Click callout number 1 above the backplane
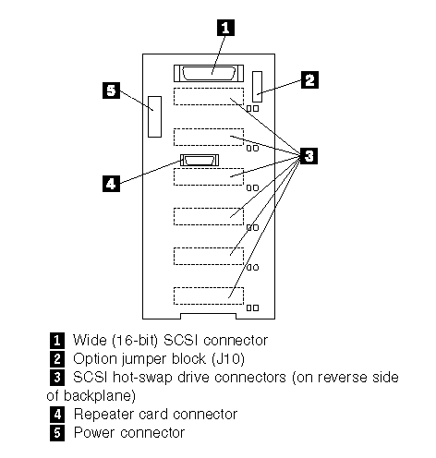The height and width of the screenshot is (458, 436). tap(225, 28)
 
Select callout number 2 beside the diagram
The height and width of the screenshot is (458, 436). tap(309, 80)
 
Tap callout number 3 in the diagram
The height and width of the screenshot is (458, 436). tap(309, 156)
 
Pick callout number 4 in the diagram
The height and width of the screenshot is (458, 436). tap(111, 184)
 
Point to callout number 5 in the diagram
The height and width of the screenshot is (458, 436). tap(111, 90)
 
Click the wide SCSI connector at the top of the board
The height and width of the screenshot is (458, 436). tap(209, 73)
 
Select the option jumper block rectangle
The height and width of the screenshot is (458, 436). tap(258, 87)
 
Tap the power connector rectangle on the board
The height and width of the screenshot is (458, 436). tap(154, 116)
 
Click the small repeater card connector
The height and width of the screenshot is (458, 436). tap(200, 160)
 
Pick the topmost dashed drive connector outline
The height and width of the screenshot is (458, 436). tap(209, 97)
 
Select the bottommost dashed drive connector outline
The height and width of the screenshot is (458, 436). tap(209, 296)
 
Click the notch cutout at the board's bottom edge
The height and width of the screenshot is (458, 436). tap(208, 317)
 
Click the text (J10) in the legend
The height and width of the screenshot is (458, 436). tap(228, 359)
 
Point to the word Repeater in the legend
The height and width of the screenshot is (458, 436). tap(103, 415)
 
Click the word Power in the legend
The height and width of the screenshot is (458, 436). tap(94, 433)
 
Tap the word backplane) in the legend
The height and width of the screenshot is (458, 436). tap(100, 396)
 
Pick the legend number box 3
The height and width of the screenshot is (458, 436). tap(57, 378)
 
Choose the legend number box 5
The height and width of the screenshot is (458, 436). tap(57, 433)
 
